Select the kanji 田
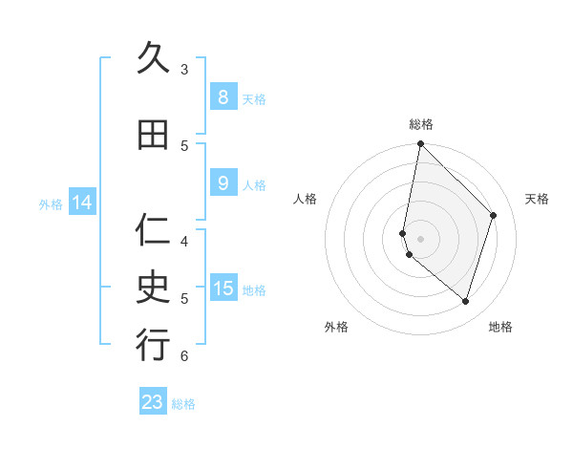pos(153,135)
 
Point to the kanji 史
pos(153,288)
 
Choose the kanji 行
pos(153,345)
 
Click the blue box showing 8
pos(223,97)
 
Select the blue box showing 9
pos(223,183)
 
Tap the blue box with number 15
pos(223,289)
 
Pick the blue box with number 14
pos(82,203)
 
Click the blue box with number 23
pos(153,402)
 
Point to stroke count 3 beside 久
pos(184,70)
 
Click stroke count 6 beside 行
pos(184,356)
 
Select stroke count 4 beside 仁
pos(184,241)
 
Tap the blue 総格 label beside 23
pos(184,404)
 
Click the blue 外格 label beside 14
pos(51,203)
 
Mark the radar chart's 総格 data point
pos(421,144)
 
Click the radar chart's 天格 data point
pos(494,215)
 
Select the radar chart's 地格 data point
pos(466,301)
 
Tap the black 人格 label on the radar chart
pos(305,199)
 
